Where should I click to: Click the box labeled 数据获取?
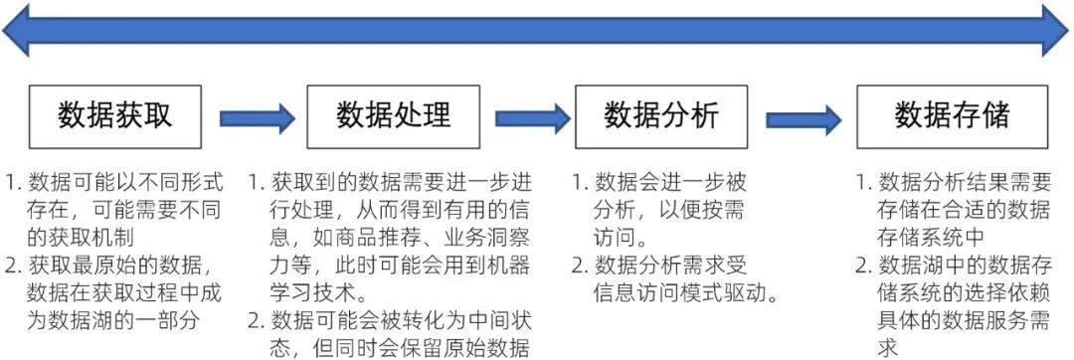click(114, 116)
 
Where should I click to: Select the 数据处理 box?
click(393, 116)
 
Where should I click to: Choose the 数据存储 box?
click(952, 116)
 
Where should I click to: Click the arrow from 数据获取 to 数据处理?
click(257, 118)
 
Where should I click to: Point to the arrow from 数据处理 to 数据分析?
click(532, 118)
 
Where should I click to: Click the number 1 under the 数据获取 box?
click(13, 183)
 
